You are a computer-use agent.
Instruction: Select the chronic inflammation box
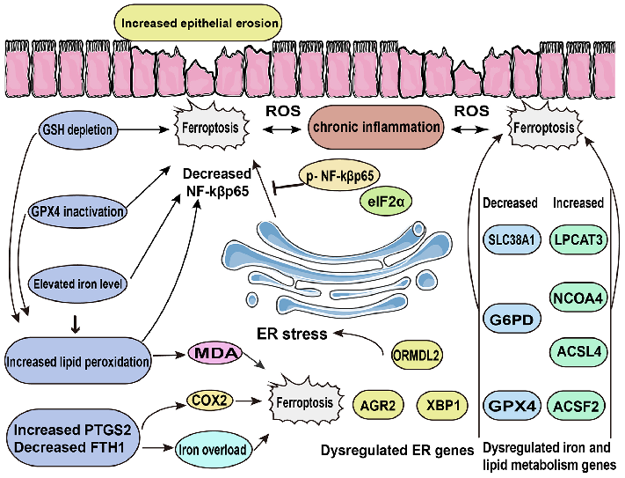click(377, 128)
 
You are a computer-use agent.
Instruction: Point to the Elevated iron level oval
click(75, 284)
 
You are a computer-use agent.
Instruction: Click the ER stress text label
click(292, 334)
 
